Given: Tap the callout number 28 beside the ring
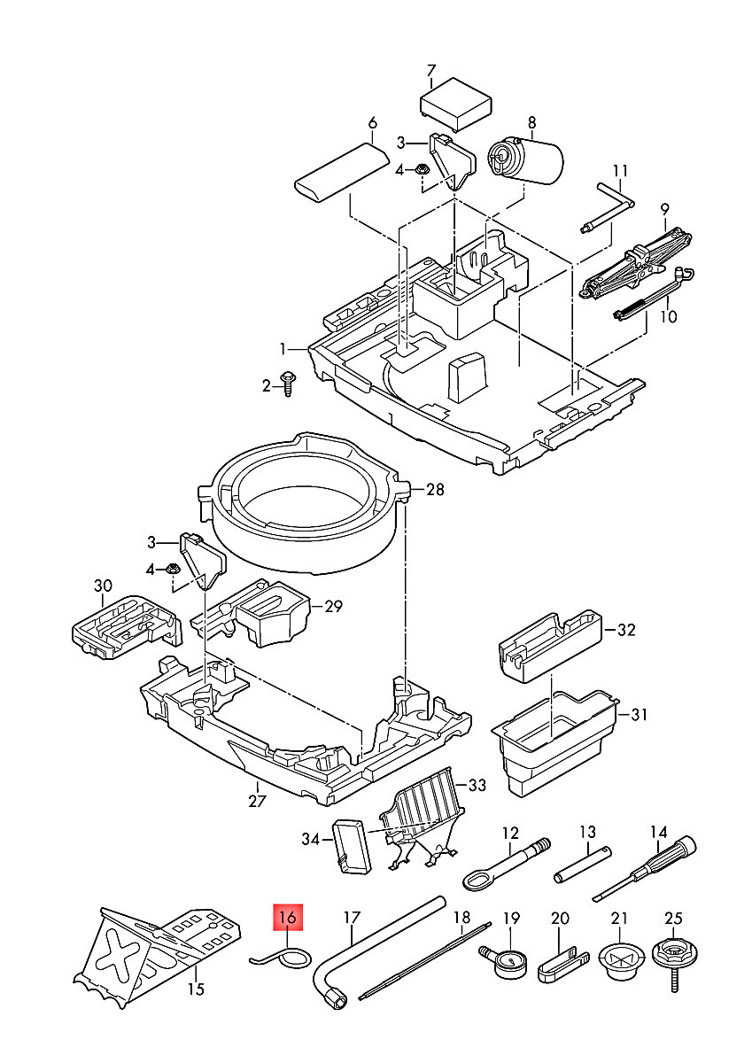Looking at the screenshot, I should (434, 490).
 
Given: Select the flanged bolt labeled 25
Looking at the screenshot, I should (673, 961).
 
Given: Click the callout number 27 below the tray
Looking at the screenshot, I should (256, 801).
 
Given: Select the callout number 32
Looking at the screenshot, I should (626, 631).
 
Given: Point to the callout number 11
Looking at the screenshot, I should (620, 171).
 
